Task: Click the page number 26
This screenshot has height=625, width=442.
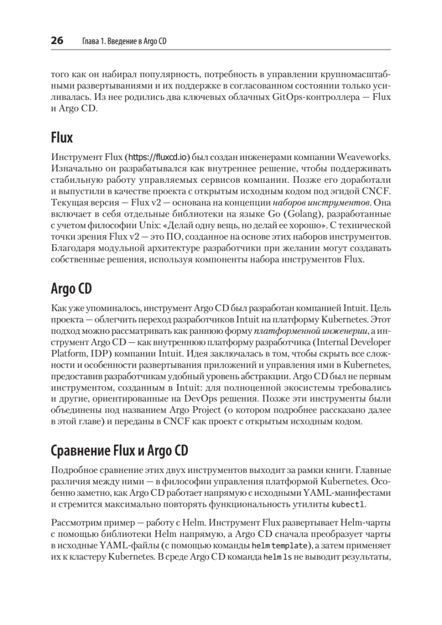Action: click(x=57, y=41)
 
